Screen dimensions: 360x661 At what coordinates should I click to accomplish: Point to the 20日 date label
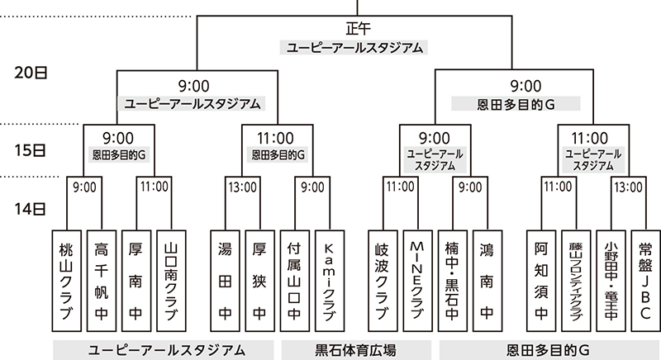click(31, 72)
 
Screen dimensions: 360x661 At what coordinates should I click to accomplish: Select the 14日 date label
click(31, 209)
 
